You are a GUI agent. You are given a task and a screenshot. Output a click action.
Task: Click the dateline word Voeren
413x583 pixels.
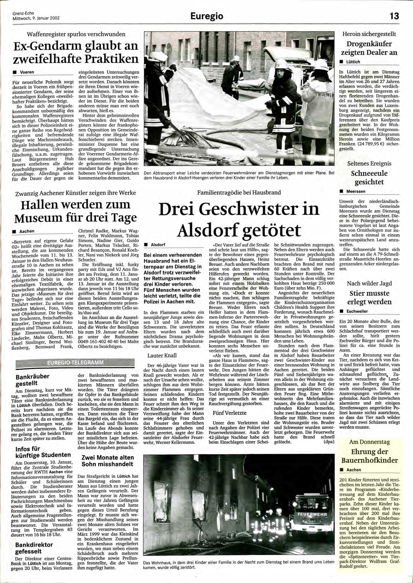(x=27, y=72)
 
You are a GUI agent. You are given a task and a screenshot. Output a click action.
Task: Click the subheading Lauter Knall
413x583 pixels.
(x=162, y=355)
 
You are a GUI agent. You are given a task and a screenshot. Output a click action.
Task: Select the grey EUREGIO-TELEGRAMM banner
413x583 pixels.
(x=75, y=363)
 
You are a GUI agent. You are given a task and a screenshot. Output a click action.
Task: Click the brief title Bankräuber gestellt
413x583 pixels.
(x=32, y=380)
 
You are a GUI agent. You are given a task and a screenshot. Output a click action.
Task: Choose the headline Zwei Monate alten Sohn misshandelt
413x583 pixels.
(x=107, y=461)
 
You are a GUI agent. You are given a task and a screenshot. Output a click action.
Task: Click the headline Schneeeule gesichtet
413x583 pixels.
(x=369, y=178)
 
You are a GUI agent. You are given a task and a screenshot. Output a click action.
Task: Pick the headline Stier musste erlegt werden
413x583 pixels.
(x=369, y=297)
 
